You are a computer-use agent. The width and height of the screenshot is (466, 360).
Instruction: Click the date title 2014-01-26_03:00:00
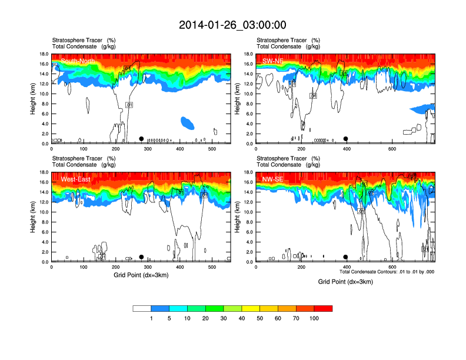coord(232,25)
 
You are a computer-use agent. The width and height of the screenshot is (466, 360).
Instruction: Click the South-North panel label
coord(76,61)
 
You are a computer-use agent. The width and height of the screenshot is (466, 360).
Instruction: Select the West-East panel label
coord(75,179)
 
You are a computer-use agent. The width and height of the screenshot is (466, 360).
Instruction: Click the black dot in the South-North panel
coord(141,139)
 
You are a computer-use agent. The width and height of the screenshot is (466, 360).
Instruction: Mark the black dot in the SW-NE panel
coord(346,139)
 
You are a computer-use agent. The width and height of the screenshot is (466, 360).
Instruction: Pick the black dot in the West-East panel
coord(141,257)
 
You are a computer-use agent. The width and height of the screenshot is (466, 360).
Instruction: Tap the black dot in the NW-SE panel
coord(346,257)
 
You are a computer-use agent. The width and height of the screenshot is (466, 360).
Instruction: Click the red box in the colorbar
coord(323,308)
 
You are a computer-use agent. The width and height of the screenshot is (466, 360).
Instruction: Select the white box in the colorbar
coord(142,308)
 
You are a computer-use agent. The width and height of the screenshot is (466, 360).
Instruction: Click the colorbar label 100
coord(314,318)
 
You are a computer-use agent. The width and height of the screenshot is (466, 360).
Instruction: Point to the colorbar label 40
coord(242,318)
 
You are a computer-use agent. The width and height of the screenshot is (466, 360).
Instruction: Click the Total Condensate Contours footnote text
coord(387,272)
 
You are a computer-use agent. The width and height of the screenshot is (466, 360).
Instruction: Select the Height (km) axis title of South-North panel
coord(33,99)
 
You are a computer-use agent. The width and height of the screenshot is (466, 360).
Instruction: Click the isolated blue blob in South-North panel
coord(187,123)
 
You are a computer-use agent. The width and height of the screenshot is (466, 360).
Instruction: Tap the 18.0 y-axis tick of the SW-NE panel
coord(249,54)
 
